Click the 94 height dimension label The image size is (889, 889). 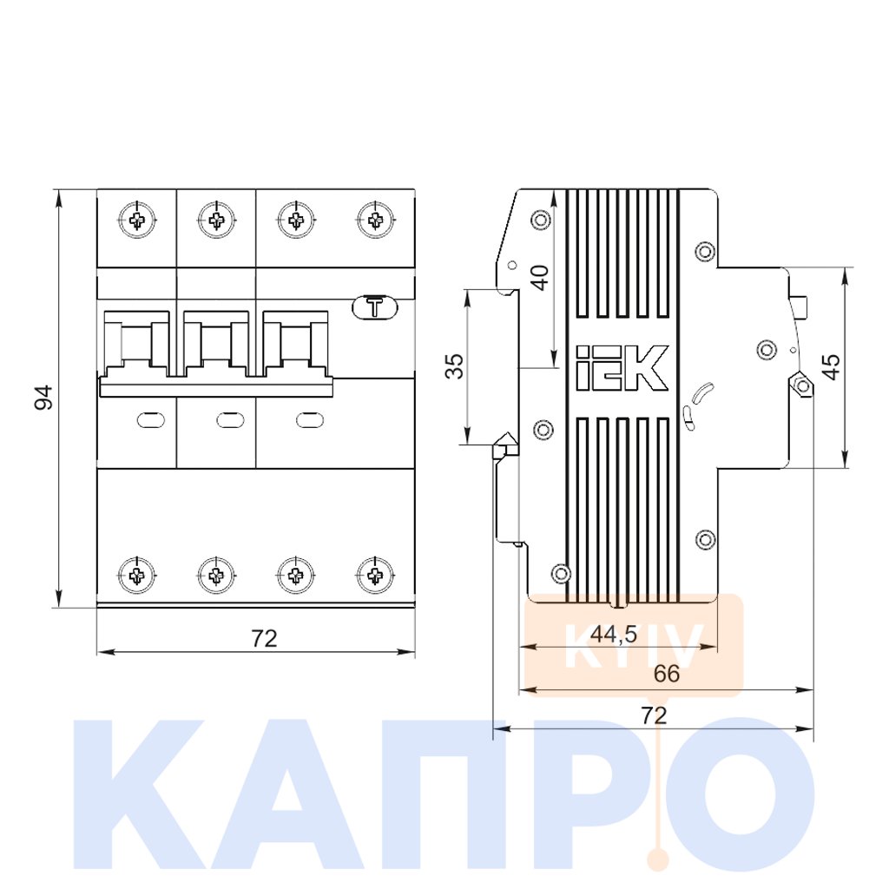point(43,397)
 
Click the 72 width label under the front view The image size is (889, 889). point(264,639)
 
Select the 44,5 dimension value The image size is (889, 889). point(614,635)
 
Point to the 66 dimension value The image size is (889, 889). point(666,674)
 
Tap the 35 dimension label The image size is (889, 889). point(454,366)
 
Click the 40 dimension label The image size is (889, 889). point(541,277)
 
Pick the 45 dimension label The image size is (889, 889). point(831,367)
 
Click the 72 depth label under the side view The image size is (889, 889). point(654,715)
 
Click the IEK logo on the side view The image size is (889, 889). point(622,368)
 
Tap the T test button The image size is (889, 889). point(375,307)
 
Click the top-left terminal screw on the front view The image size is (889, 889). point(136,220)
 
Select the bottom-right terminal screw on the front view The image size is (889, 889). point(375,576)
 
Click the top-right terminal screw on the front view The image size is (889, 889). point(375,220)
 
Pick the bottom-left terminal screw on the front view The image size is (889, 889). point(136,576)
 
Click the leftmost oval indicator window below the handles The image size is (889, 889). point(151,420)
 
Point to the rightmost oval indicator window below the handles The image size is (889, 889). point(311,420)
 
